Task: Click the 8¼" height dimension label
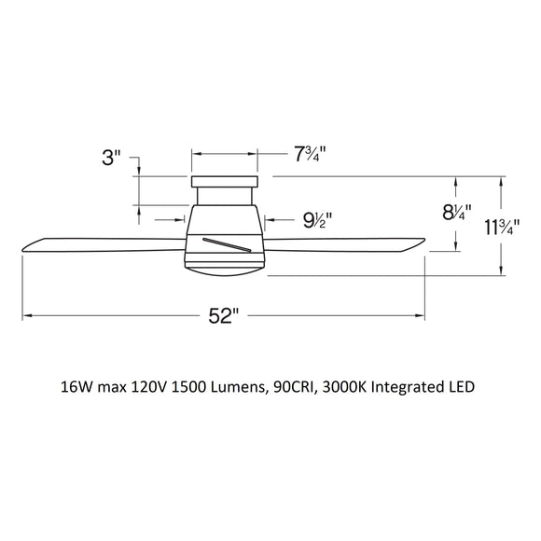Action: click(456, 213)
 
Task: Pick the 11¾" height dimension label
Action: click(503, 228)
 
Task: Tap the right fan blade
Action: click(344, 243)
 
